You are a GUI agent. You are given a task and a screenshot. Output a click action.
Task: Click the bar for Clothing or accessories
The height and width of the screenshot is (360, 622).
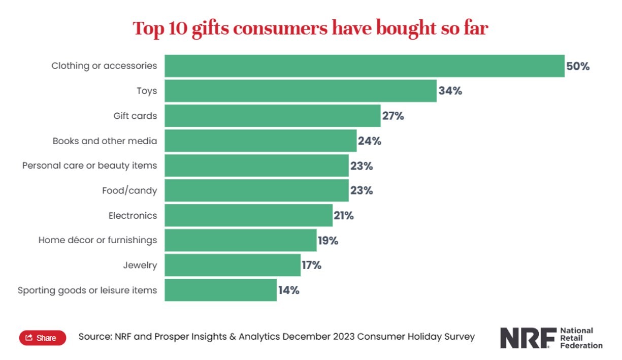click(x=364, y=66)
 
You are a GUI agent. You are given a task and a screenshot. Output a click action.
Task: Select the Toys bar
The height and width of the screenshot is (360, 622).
click(x=300, y=91)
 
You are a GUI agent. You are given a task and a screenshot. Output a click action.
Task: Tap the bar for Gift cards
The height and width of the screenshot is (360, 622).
click(x=272, y=116)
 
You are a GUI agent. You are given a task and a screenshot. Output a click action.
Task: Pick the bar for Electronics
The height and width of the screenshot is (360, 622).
click(x=248, y=215)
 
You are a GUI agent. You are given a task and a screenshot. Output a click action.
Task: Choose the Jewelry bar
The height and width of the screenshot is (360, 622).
click(x=232, y=265)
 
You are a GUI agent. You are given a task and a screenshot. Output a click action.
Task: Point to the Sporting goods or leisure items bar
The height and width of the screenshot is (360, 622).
click(x=220, y=290)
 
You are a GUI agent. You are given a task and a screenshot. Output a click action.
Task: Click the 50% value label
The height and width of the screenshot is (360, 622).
click(x=578, y=66)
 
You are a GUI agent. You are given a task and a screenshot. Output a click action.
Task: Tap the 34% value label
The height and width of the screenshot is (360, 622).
click(x=450, y=91)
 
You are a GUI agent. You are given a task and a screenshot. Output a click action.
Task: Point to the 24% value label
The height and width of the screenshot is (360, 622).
click(x=370, y=141)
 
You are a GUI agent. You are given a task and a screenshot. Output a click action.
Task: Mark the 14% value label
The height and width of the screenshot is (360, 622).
click(x=288, y=290)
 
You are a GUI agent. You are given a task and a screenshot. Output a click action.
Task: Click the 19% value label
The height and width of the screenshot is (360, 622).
click(x=328, y=240)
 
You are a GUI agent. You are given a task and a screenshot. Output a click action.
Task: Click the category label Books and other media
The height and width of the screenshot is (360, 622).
click(x=105, y=141)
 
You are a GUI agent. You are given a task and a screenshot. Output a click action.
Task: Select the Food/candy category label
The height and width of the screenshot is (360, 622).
click(x=129, y=190)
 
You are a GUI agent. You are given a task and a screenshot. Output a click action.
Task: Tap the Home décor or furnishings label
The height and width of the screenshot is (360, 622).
click(x=97, y=240)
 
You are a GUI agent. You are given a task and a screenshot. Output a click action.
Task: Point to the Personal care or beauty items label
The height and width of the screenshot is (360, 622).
click(x=89, y=166)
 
